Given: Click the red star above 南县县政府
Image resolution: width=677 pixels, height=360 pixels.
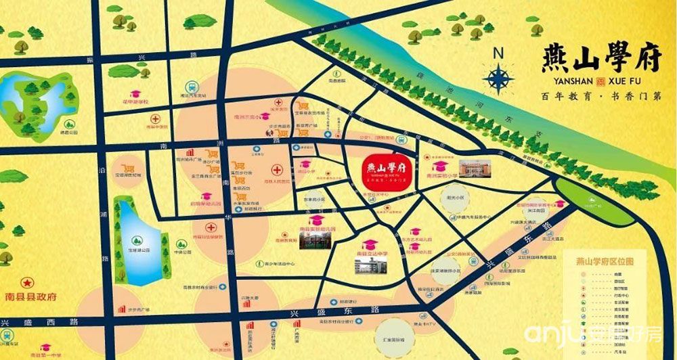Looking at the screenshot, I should tap(27, 283).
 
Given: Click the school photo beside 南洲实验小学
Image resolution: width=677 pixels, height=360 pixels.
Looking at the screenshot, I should tap(478, 167).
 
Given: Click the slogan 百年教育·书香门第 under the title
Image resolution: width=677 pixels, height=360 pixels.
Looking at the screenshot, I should tap(596, 97).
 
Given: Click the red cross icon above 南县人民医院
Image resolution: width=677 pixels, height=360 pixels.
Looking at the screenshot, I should tap(277, 170).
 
